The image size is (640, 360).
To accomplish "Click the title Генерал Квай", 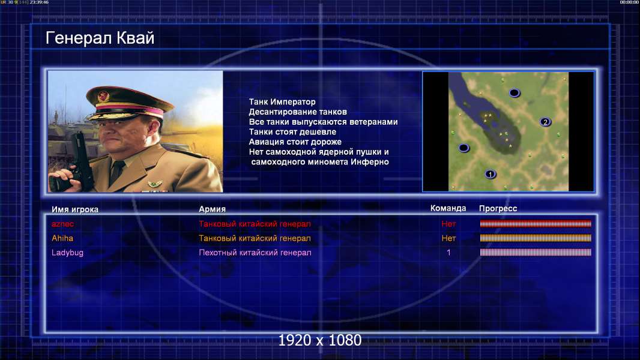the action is [100, 38].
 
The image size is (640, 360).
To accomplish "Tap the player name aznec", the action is [62, 224].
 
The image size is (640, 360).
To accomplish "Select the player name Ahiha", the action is [62, 238].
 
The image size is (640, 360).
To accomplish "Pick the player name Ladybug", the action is [67, 253].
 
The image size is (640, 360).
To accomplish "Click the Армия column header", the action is [213, 209].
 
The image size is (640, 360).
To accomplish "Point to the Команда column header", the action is [448, 208].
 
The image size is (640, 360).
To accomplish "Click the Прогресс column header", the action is [498, 209].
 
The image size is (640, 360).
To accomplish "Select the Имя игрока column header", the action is [74, 209].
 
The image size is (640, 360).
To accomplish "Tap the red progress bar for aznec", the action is [536, 223].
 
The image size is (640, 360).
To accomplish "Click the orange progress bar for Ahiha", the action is [536, 238].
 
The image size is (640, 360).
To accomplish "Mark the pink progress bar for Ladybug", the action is [536, 253].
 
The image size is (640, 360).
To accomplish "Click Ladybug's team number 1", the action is [448, 253].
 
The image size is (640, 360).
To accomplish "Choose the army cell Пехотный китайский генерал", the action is [255, 253].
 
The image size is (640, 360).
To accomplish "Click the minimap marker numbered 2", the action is [545, 122].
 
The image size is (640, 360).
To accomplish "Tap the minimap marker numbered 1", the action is [491, 175].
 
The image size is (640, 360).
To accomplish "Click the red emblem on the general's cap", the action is [103, 97].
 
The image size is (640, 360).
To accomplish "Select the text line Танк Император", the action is [282, 102].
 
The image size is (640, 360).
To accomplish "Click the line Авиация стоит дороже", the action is [295, 142].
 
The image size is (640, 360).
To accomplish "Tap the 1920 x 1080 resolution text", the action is [320, 340].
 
